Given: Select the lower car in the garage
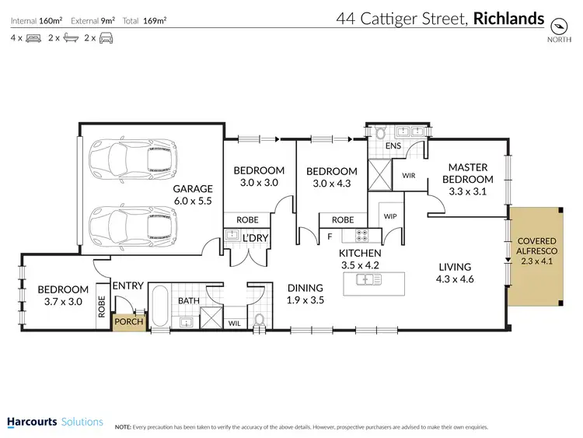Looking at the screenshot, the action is coord(131,226).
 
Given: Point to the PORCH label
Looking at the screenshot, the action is coord(128,321).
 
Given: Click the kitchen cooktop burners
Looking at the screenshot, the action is coord(361,233).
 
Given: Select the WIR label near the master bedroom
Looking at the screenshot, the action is coord(409,176).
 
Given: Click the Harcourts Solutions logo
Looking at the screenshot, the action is coord(54,422).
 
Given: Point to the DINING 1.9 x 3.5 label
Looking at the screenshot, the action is coord(305,293).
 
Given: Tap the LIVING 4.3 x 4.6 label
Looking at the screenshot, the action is coord(456,273).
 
